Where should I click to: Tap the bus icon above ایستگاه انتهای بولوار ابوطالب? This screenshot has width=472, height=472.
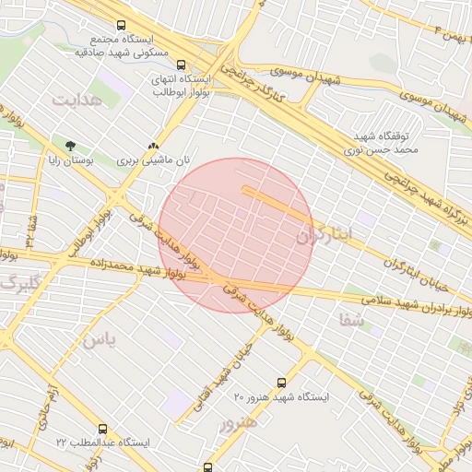(x=181, y=65)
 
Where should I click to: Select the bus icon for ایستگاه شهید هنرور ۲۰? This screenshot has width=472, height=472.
(x=281, y=383)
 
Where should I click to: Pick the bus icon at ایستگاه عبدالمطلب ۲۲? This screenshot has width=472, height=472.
(x=101, y=429)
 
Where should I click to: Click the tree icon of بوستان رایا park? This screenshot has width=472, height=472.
(x=70, y=146)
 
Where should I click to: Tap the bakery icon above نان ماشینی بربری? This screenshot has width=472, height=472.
(x=153, y=146)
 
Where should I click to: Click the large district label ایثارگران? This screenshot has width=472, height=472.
(x=324, y=236)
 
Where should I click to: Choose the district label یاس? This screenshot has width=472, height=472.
(x=100, y=339)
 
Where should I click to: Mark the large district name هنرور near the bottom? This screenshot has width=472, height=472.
(x=238, y=424)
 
